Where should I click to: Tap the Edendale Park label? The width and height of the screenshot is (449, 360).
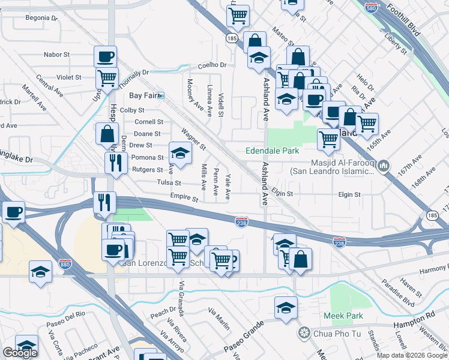272,151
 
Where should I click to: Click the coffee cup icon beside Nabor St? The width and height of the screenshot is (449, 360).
106,57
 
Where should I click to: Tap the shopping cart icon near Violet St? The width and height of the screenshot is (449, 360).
107,77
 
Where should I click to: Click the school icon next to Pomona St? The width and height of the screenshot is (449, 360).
179,153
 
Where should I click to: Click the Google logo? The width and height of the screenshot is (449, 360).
20,353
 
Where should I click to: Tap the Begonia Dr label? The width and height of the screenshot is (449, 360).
42,19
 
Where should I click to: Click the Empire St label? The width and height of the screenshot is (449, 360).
183,197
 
